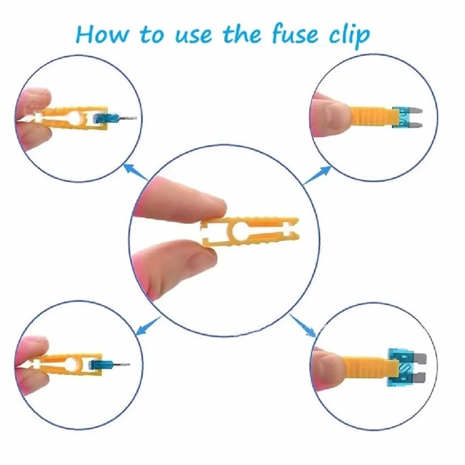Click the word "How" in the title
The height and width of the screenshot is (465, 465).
coord(102,34)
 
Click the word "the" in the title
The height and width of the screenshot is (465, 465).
coord(242,34)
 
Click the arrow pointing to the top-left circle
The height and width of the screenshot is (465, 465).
coord(135,172)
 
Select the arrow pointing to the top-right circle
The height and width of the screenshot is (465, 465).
coord(317,175)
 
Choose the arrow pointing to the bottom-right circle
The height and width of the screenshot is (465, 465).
coord(303,326)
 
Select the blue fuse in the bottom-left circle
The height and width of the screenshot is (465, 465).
coord(101,365)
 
